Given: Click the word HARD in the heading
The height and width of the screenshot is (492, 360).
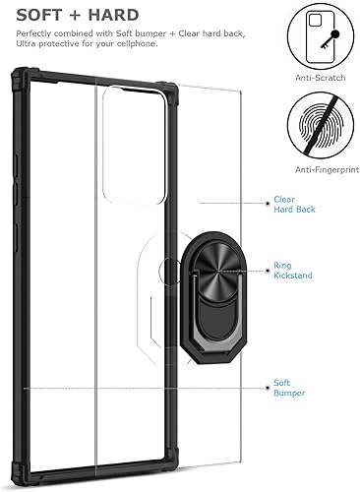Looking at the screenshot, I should coord(112,15).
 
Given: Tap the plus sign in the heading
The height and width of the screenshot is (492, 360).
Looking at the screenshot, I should coord(75,15).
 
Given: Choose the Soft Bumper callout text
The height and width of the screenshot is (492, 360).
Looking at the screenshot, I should coord(292,387).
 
